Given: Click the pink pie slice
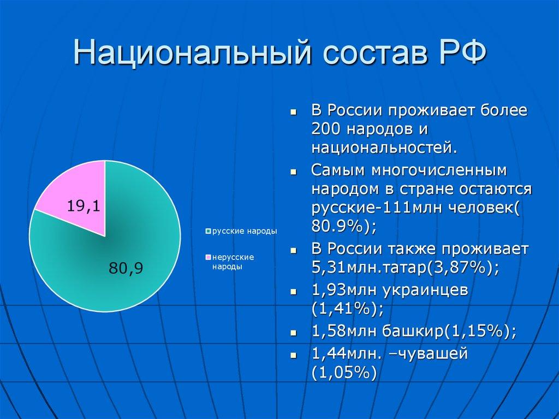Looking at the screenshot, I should pos(76,197).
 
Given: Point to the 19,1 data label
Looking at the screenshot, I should pos(83,206).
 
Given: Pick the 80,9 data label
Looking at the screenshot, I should pos(126,268).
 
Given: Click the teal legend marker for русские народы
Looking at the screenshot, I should pos(208,232).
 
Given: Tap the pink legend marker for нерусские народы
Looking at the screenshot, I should pos(208,257).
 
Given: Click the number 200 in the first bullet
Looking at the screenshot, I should pos(325,129).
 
